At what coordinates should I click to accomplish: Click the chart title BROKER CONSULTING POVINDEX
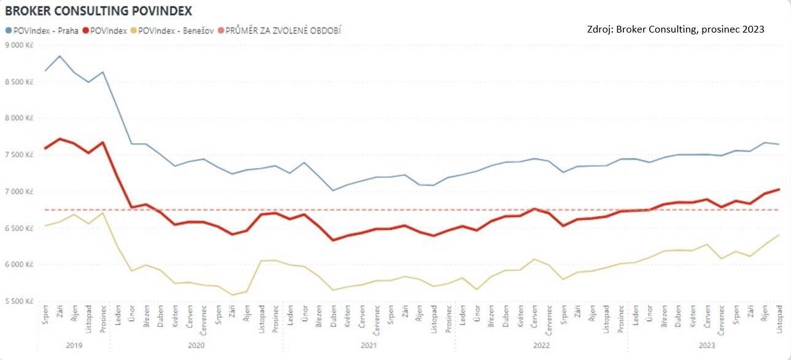[98, 11]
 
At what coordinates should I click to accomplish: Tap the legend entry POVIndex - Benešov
[175, 30]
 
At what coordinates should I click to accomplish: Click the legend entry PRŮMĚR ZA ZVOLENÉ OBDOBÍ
[283, 30]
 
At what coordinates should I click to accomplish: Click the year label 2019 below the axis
[74, 345]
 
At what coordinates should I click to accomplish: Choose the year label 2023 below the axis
[706, 345]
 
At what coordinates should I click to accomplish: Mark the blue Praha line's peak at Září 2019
[60, 56]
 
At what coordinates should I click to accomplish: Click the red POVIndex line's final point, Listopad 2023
[779, 189]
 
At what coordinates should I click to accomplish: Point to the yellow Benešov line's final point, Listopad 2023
[779, 235]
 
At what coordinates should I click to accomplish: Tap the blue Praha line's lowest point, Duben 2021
[333, 190]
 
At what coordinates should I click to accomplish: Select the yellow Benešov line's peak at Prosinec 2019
[103, 213]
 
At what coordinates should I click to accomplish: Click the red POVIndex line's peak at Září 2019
[60, 139]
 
